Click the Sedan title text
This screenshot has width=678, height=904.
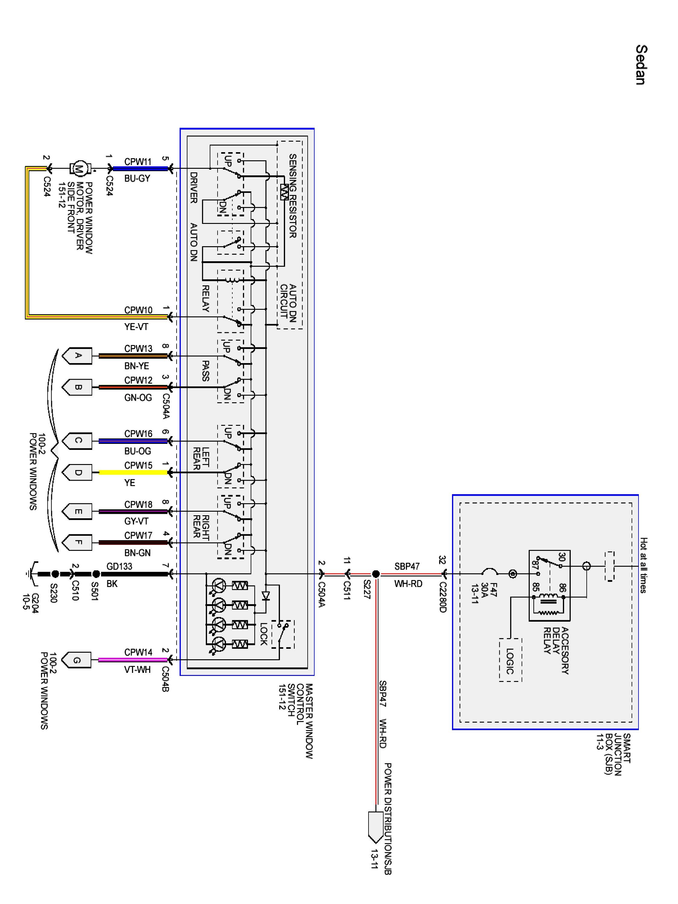click(641, 64)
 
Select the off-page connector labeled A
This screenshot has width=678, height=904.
click(77, 356)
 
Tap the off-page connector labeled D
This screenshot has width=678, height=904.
click(77, 472)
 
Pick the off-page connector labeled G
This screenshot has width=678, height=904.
click(77, 660)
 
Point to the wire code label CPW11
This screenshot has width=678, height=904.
click(138, 162)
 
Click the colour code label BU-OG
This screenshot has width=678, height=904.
click(138, 451)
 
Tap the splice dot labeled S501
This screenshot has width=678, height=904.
click(96, 574)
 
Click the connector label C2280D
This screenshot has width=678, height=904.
click(443, 597)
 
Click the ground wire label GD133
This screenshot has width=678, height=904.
click(119, 567)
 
